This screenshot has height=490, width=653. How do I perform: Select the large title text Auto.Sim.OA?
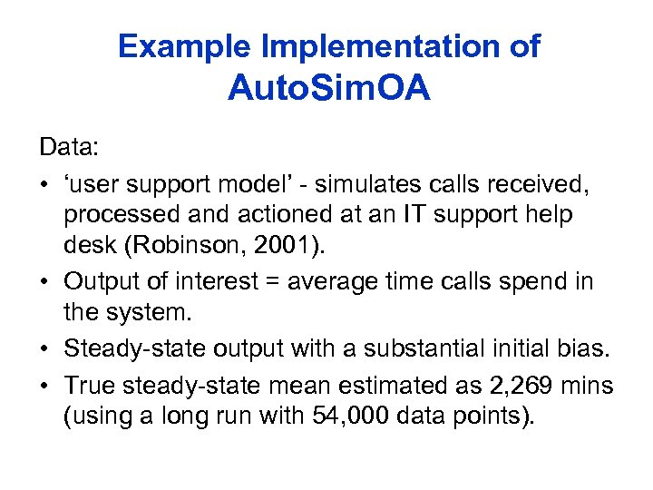(328, 89)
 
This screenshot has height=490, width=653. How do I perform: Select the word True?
(89, 384)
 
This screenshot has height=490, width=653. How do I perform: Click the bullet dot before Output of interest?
(45, 281)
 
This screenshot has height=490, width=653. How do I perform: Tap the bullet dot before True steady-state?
(45, 384)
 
